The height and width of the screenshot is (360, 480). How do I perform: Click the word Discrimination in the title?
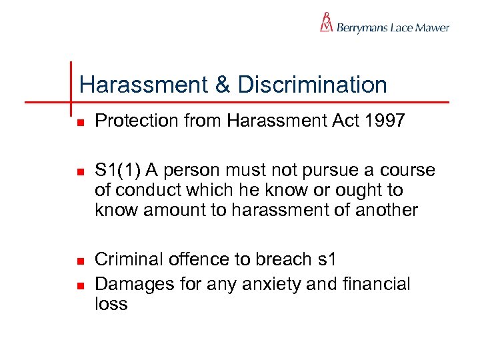tap(312, 85)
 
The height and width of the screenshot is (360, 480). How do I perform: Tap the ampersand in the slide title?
tap(222, 85)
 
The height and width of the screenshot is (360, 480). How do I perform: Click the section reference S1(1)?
tap(121, 171)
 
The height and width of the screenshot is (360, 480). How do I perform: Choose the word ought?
tap(359, 191)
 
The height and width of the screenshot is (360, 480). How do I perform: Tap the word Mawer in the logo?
tap(433, 28)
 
